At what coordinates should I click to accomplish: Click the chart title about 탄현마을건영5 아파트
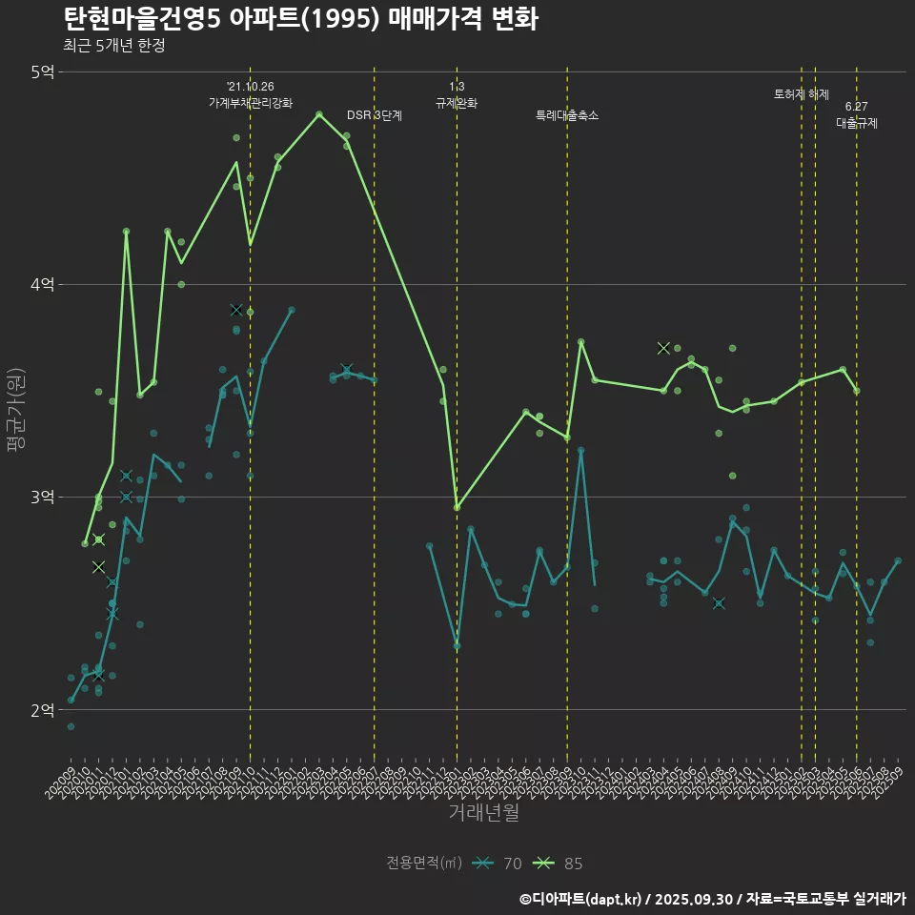coord(301,19)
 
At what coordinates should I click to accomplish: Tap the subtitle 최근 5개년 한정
coord(113,46)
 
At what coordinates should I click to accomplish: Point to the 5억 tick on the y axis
coord(42,71)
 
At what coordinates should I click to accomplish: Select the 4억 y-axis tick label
coord(42,284)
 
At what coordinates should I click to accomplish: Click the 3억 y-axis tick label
coord(42,498)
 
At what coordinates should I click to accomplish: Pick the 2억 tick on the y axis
coord(42,710)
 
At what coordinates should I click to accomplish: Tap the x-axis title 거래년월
coord(483,813)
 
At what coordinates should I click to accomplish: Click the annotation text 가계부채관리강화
coord(251,102)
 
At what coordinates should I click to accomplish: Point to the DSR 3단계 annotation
coord(375,115)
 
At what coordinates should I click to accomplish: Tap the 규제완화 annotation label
coord(457,103)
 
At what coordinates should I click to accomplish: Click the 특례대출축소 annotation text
coord(567,115)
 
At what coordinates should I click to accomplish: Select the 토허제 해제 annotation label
coord(802,94)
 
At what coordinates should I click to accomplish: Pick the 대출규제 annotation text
coord(857,123)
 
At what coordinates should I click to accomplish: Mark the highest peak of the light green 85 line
coord(319,113)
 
